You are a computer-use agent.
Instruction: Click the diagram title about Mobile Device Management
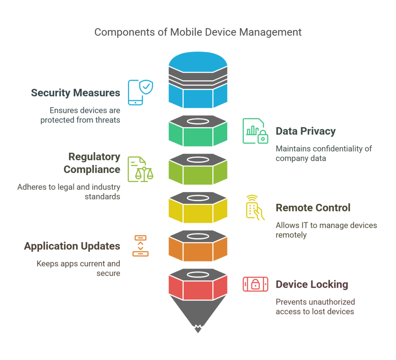tap(198, 32)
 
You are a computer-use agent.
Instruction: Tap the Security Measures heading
tap(75, 93)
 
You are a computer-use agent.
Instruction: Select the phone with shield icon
tap(140, 92)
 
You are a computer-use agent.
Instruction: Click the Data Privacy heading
tap(306, 131)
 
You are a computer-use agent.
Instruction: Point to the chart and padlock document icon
tap(255, 131)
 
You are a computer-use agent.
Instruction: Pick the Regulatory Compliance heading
tap(92, 163)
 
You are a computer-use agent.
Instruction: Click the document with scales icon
tap(140, 169)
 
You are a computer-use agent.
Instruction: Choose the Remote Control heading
tap(313, 208)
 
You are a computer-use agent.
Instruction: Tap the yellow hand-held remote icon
tap(255, 207)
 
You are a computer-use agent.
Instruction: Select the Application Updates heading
tap(72, 246)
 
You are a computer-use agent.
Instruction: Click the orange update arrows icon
tap(140, 246)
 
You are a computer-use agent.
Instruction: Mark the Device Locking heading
tap(312, 285)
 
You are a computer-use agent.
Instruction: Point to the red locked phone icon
tap(255, 284)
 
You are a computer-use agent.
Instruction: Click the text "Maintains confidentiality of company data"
tap(323, 154)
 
